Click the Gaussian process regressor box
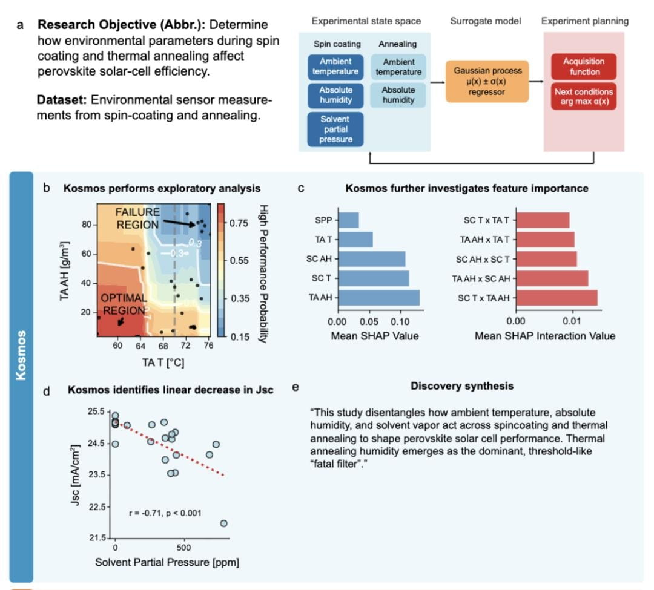tap(487, 81)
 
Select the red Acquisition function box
tap(583, 67)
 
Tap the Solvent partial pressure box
tap(335, 129)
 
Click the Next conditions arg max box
tap(584, 97)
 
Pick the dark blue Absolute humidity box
tap(335, 94)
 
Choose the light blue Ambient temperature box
tap(398, 67)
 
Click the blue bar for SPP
tap(348, 220)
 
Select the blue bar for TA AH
tap(378, 298)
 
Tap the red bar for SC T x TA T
tap(543, 220)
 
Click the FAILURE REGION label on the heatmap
tap(138, 218)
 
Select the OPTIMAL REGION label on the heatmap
tap(124, 304)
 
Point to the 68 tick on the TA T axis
tap(163, 346)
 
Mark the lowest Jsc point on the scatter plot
tap(223, 523)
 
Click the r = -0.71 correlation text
tap(165, 513)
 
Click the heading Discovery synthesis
tap(462, 386)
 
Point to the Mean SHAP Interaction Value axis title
tap(544, 336)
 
